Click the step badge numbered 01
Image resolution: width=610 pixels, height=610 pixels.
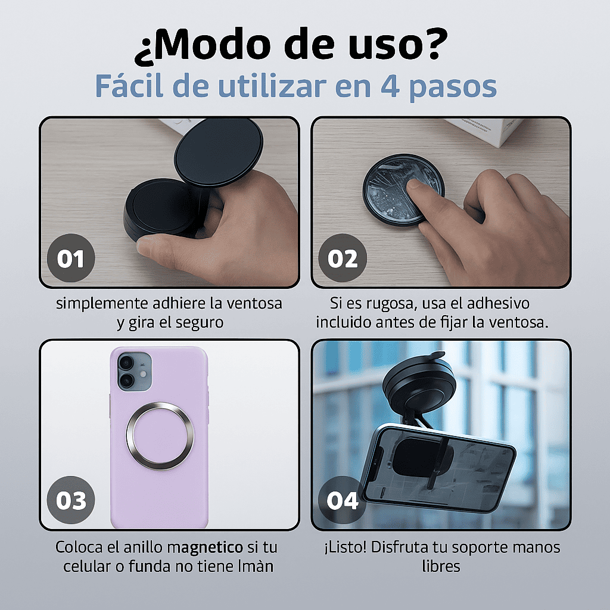pos(71,259)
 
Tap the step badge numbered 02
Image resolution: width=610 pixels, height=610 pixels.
pos(343,259)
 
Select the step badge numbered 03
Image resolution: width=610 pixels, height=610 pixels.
pos(71,500)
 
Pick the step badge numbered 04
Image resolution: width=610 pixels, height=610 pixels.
pos(343,500)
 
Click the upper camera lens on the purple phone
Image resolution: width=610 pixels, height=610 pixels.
pos(126,363)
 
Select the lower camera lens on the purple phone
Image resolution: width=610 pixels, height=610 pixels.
pos(126,381)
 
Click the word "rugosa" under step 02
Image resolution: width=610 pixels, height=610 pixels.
pos(384,303)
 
